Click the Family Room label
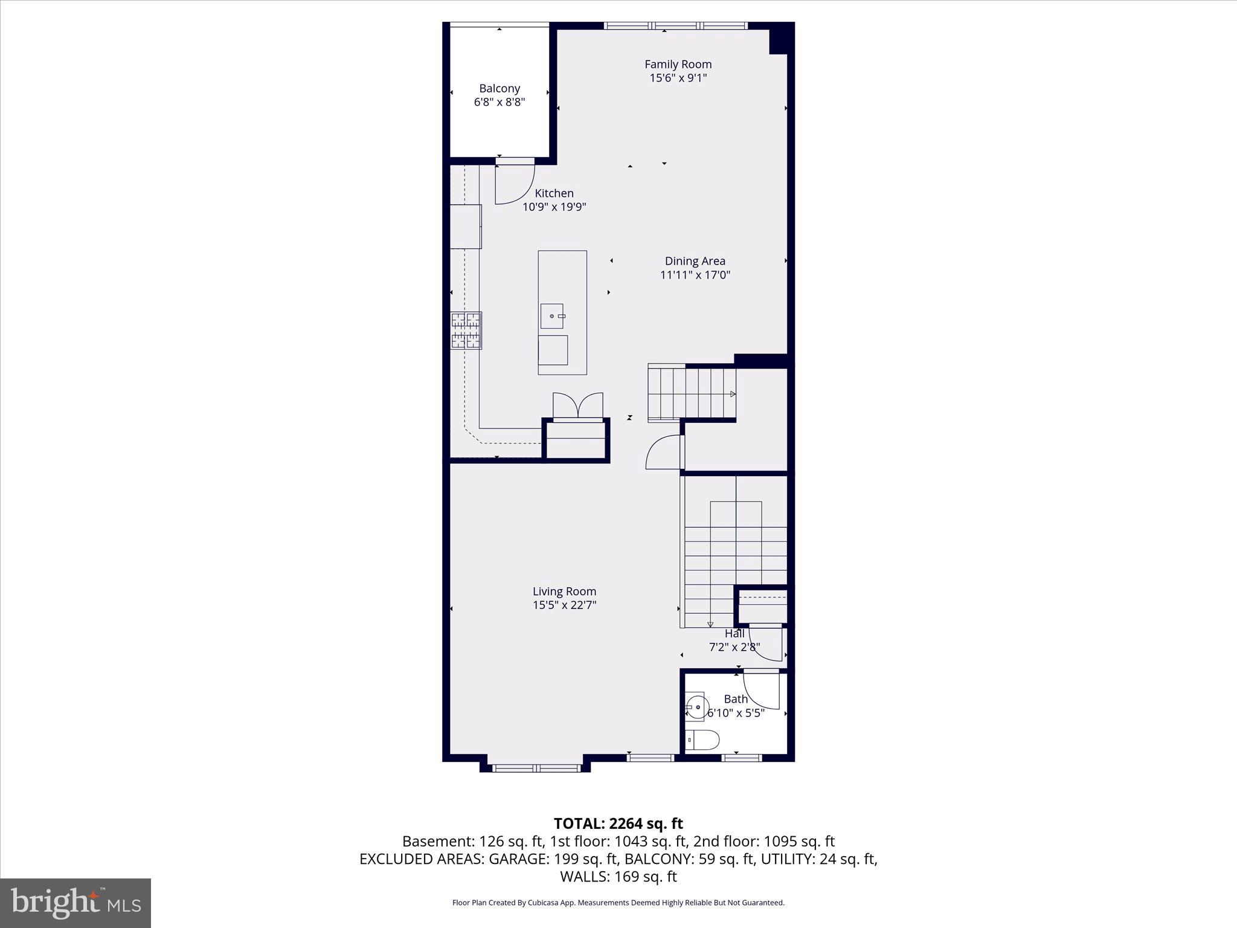point(678,64)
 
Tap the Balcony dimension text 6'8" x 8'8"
point(499,102)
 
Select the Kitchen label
point(554,193)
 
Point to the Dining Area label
point(695,261)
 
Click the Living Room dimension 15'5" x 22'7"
point(564,605)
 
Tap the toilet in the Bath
point(702,739)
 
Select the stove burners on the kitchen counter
point(466,330)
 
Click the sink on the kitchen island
point(552,316)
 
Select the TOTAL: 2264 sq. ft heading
point(618,823)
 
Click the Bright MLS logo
point(76,903)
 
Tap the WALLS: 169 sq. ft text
point(618,876)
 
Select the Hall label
point(734,634)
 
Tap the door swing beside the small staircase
point(663,453)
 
